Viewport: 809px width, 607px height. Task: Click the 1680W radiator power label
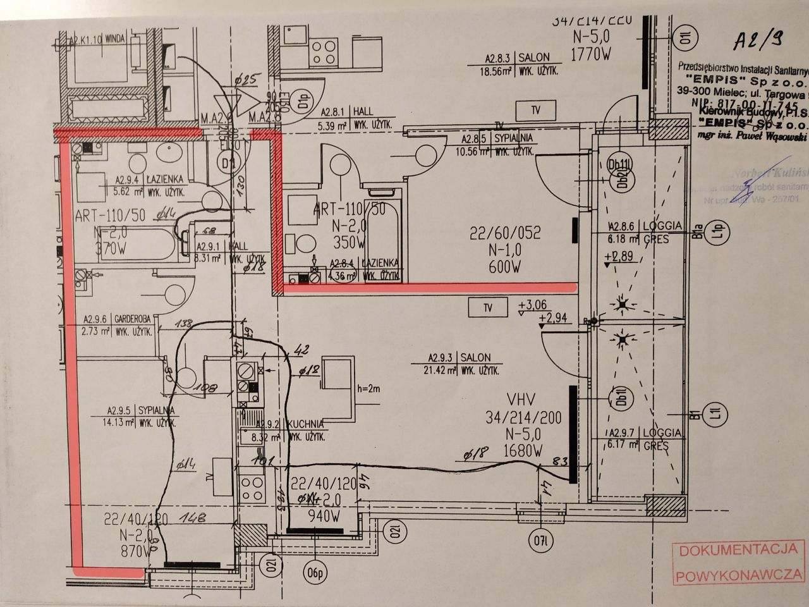[521, 451]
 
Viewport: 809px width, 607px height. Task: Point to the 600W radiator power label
[505, 267]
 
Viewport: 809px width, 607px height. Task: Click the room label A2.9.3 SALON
[459, 358]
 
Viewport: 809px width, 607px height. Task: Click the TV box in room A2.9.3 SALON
[487, 308]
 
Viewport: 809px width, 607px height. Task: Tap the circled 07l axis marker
[538, 541]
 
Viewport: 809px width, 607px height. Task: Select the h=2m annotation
[371, 388]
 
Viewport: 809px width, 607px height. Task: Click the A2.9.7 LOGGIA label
[645, 433]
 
